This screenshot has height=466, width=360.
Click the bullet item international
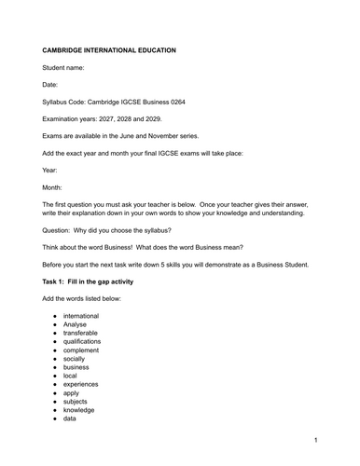85,317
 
